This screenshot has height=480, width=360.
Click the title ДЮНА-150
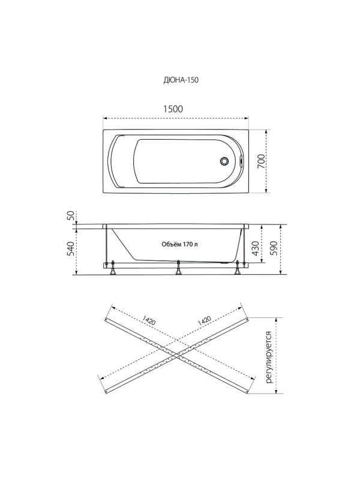click(181, 80)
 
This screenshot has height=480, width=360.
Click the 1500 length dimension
click(173, 109)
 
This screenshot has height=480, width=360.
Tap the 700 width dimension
click(261, 161)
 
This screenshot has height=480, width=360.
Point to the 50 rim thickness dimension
click(71, 216)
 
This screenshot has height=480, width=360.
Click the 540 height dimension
click(71, 249)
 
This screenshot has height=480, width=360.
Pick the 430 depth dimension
click(256, 248)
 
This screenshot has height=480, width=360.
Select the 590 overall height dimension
click(274, 248)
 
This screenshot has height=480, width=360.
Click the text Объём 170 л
click(179, 244)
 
